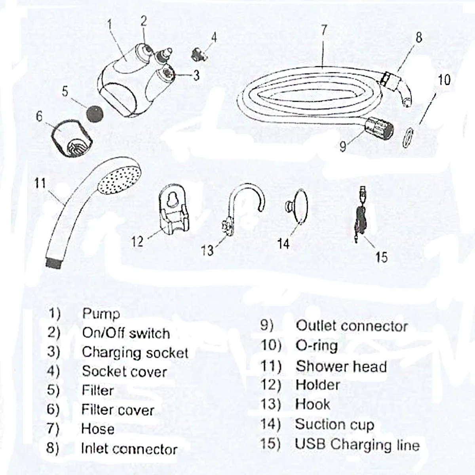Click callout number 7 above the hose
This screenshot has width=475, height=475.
pos(324,31)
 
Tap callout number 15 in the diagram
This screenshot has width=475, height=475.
pos(382,257)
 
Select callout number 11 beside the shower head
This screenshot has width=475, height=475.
pos(40,183)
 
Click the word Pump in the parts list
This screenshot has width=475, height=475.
pos(101,314)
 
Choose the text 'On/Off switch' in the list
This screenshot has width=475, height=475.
pos(126,333)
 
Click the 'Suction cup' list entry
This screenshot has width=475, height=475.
pos(334,424)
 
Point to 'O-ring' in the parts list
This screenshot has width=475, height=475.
pos(317,346)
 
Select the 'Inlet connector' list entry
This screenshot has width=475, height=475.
pos(129,449)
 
